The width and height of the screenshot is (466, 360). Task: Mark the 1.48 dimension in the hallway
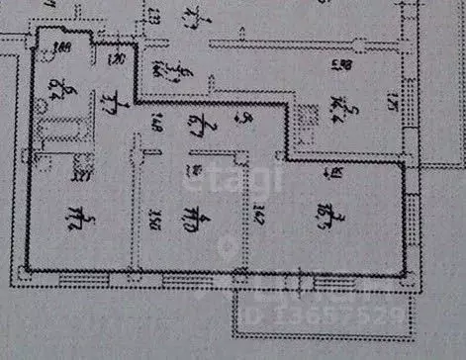pyautogui.click(x=157, y=125)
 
